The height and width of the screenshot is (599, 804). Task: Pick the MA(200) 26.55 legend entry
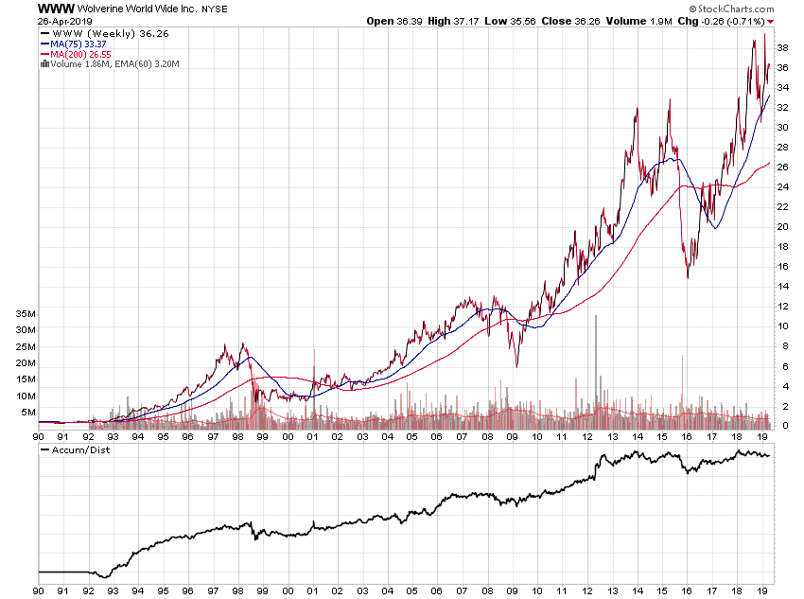pyautogui.click(x=79, y=53)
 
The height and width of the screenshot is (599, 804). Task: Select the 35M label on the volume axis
pyautogui.click(x=25, y=313)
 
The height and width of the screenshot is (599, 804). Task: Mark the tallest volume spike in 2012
pyautogui.click(x=596, y=316)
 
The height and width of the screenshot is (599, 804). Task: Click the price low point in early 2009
pyautogui.click(x=516, y=366)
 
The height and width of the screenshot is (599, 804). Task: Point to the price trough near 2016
pyautogui.click(x=688, y=276)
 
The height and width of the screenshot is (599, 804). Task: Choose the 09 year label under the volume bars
pyautogui.click(x=512, y=436)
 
